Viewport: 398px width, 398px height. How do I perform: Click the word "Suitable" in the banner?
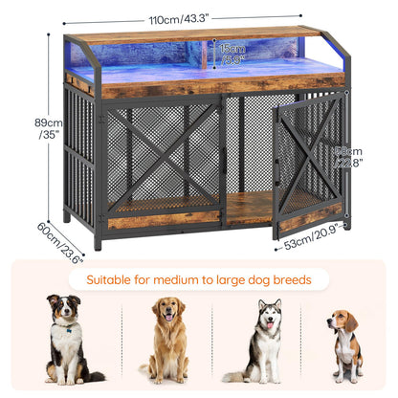(112, 280)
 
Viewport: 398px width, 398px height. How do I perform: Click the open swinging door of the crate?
(307, 172)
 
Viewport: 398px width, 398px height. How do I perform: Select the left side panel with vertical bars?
(79, 153)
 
